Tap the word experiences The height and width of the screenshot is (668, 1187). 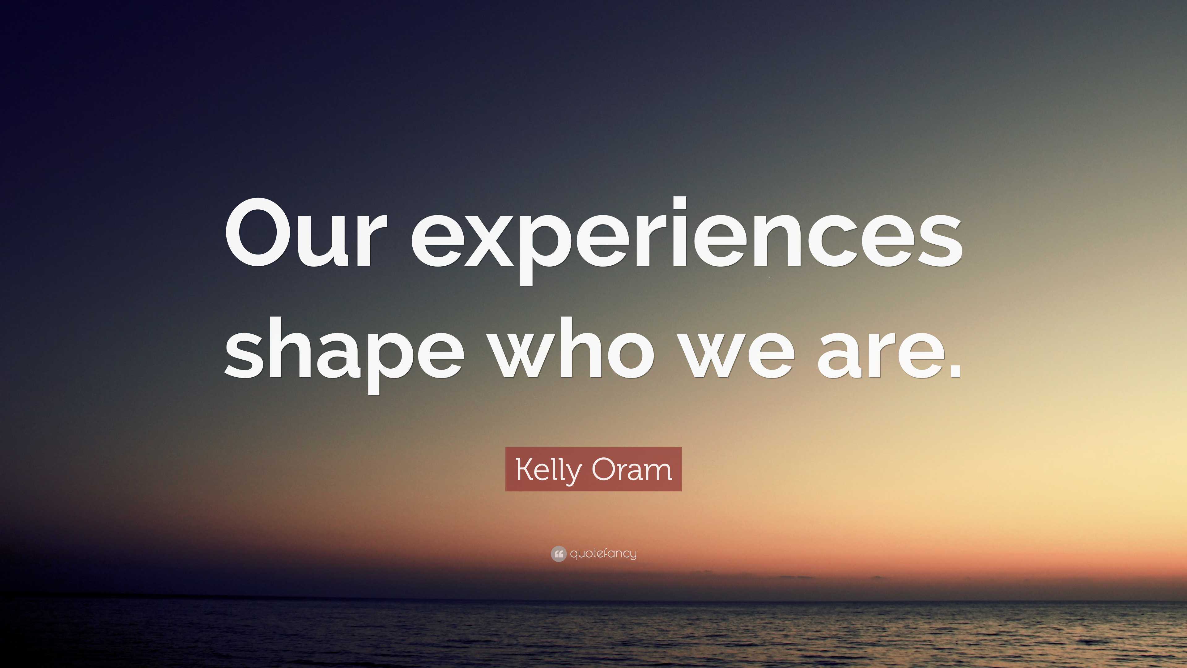coord(687,238)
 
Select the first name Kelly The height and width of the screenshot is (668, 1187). coord(549,470)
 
